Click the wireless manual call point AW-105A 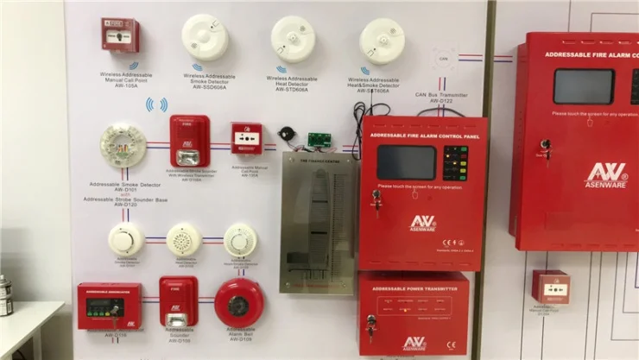pos(120,35)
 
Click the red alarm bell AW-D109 pos(239,303)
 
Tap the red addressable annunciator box pos(109,306)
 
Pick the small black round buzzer pos(285,136)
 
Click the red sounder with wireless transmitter pos(189,141)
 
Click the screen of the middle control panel pos(407,161)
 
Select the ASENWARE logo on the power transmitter pos(414,343)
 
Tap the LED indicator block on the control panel pos(455,163)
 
